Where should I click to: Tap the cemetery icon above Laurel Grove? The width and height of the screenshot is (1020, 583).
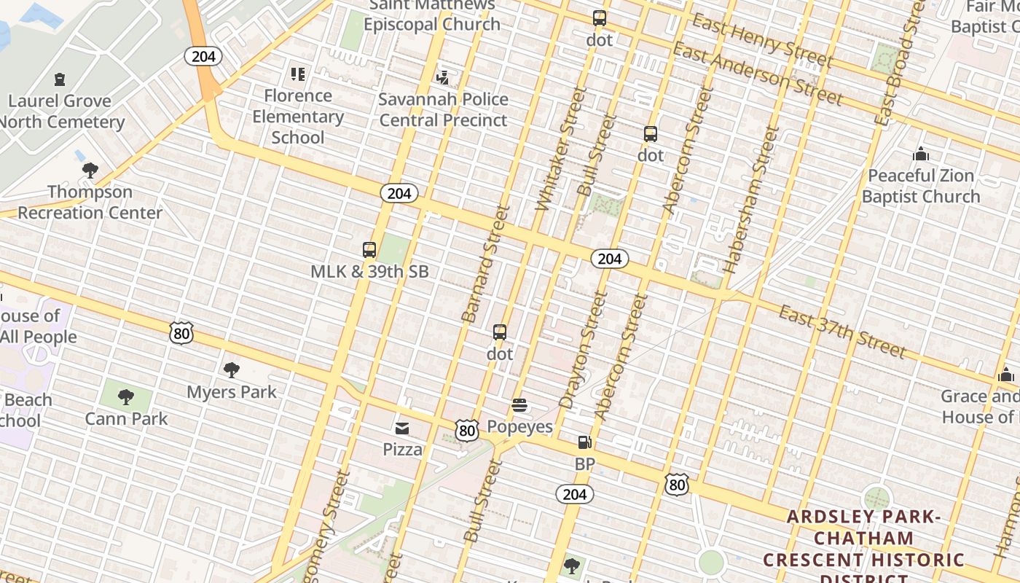click(x=60, y=79)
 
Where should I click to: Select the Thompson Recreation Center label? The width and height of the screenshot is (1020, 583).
click(x=90, y=202)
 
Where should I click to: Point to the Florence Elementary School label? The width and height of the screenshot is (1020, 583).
click(x=298, y=117)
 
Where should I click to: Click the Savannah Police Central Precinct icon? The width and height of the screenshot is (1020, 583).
click(x=442, y=77)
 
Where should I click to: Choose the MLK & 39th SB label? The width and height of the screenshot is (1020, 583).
click(x=369, y=272)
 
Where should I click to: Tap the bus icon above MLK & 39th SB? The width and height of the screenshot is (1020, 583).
click(x=369, y=250)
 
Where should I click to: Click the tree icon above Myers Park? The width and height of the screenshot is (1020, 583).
click(x=232, y=370)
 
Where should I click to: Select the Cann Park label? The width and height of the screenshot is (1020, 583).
click(x=126, y=419)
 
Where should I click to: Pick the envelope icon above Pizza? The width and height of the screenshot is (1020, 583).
click(x=402, y=428)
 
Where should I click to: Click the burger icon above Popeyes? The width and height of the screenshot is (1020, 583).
click(x=519, y=405)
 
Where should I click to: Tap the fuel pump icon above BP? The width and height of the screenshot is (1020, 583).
click(x=584, y=442)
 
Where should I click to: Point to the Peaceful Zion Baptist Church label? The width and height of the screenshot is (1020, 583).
click(x=921, y=186)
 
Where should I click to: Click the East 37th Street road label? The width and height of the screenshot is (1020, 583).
click(x=842, y=332)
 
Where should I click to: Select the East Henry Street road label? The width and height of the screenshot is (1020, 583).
click(x=761, y=39)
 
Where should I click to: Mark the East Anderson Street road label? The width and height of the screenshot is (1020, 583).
click(x=758, y=74)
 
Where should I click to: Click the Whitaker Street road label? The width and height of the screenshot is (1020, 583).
click(x=552, y=149)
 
